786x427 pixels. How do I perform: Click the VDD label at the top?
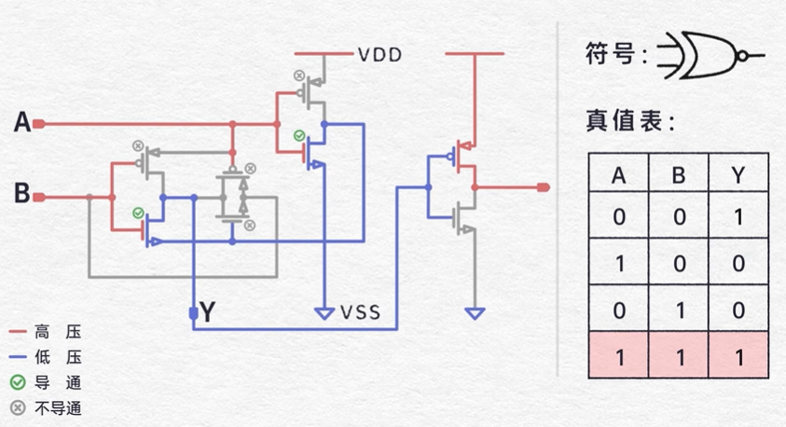(x=379, y=55)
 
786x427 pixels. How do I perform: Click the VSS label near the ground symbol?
(x=360, y=311)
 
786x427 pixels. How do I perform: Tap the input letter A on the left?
(x=22, y=122)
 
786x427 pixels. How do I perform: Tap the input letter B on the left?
(x=22, y=195)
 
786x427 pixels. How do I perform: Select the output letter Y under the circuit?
(x=208, y=313)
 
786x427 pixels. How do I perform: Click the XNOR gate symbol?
(x=709, y=56)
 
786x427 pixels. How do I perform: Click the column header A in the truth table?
(x=618, y=175)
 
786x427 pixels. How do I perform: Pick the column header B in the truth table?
(x=679, y=175)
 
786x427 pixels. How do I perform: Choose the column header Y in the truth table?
(x=738, y=175)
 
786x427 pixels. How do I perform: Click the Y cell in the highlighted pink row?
(x=738, y=357)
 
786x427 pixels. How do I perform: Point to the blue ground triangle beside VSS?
(x=324, y=313)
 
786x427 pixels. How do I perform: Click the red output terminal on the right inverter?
(x=543, y=187)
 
